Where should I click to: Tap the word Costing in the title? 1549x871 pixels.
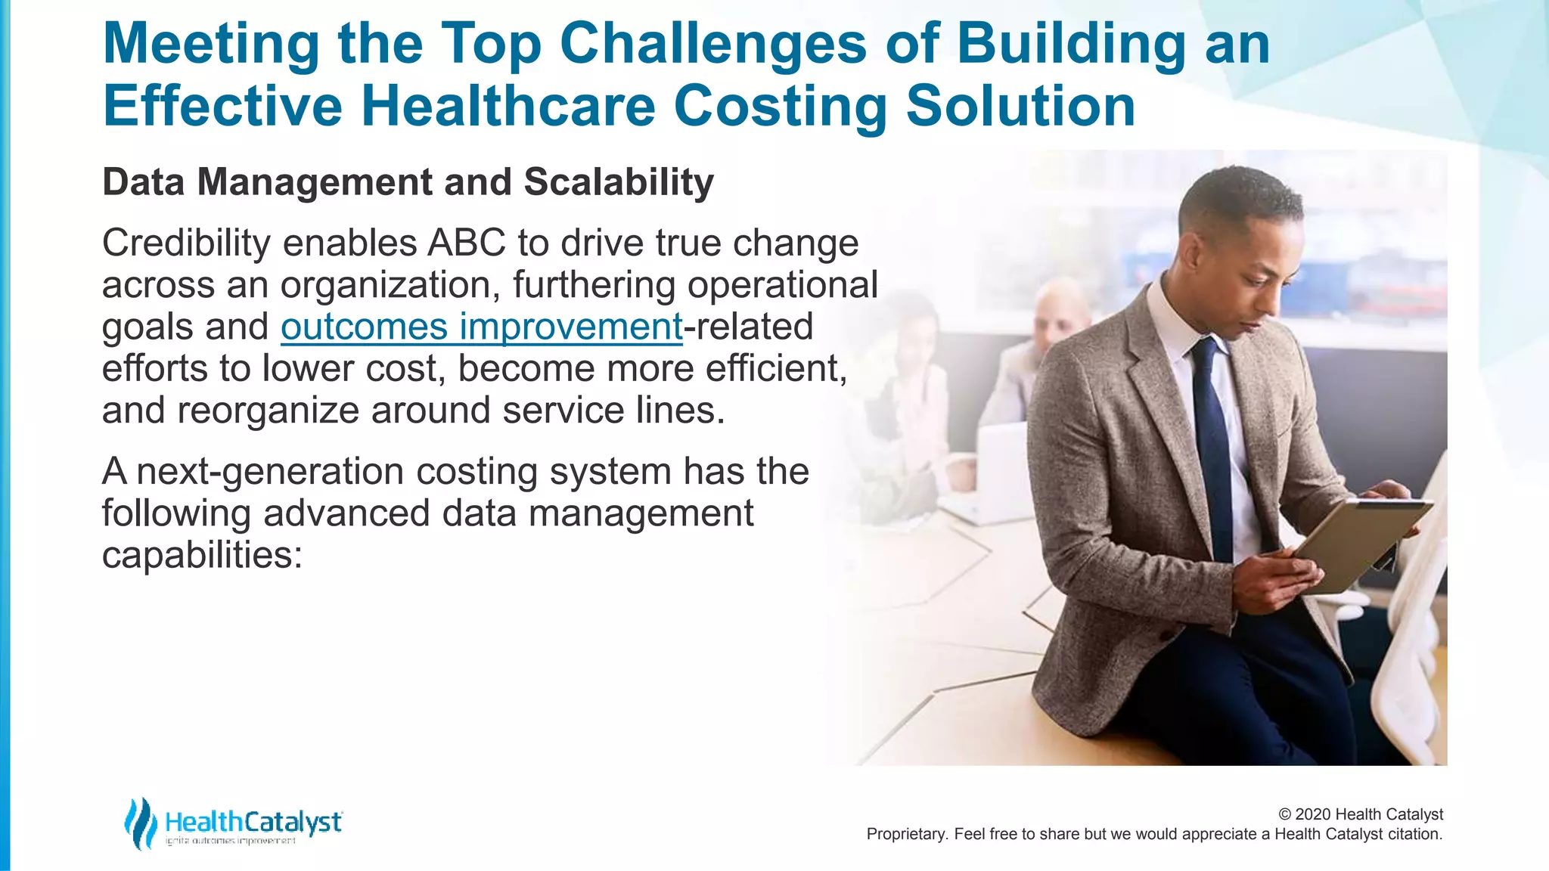click(x=780, y=107)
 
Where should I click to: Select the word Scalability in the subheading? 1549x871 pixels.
click(x=618, y=182)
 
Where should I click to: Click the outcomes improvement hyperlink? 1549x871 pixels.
click(x=482, y=327)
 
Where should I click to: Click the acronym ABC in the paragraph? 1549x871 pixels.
click(x=467, y=243)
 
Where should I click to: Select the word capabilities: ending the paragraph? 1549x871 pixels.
click(x=202, y=555)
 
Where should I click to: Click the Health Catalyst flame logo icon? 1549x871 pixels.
click(x=140, y=823)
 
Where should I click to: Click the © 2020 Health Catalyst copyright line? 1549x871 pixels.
click(x=1360, y=814)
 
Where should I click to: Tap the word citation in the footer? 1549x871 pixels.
click(x=1414, y=834)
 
